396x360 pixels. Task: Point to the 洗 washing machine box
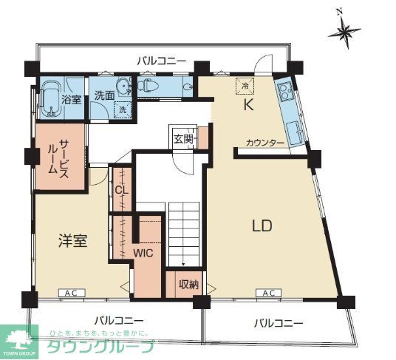(122, 109)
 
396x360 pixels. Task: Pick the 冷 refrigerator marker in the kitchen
(245, 86)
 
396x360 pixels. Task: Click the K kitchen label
(249, 105)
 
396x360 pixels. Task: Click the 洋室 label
(73, 240)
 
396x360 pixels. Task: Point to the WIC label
(143, 251)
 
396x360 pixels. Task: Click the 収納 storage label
(188, 284)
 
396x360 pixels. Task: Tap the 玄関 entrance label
(182, 138)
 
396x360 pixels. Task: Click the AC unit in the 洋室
(72, 293)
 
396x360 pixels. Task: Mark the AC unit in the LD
(269, 293)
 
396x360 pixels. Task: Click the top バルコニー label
(161, 61)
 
